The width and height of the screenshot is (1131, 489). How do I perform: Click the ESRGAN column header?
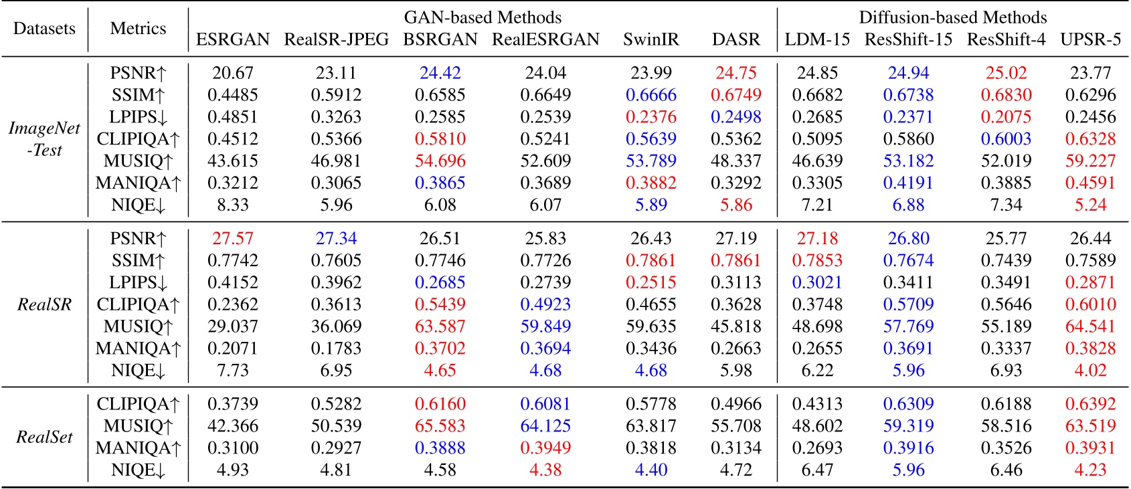(232, 39)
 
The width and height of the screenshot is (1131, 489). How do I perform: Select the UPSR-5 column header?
(1090, 39)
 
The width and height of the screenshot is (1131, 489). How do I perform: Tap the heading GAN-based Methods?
(483, 17)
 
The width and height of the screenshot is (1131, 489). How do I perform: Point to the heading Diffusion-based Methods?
(953, 17)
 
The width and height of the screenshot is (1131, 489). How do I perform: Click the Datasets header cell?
(44, 29)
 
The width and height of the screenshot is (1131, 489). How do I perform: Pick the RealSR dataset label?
(44, 304)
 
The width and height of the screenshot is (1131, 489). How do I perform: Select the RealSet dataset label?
(44, 437)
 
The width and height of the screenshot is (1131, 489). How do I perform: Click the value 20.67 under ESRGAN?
(232, 73)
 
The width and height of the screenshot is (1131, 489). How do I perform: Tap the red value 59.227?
(1090, 161)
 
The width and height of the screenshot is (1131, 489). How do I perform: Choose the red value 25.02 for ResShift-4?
(1006, 73)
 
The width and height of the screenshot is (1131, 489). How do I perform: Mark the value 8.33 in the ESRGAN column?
(232, 205)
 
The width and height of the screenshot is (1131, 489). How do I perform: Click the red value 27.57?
(232, 239)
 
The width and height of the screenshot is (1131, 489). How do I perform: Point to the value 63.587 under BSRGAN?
(440, 326)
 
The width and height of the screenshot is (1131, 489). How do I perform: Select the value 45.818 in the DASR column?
(735, 326)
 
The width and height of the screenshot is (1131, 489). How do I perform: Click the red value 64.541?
(1090, 326)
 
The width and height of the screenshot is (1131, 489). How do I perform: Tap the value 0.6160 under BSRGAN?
(440, 404)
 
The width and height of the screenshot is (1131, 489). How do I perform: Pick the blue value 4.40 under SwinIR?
(650, 470)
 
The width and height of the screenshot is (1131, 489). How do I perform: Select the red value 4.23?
(1090, 470)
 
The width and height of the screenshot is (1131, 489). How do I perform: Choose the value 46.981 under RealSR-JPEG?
(336, 161)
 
